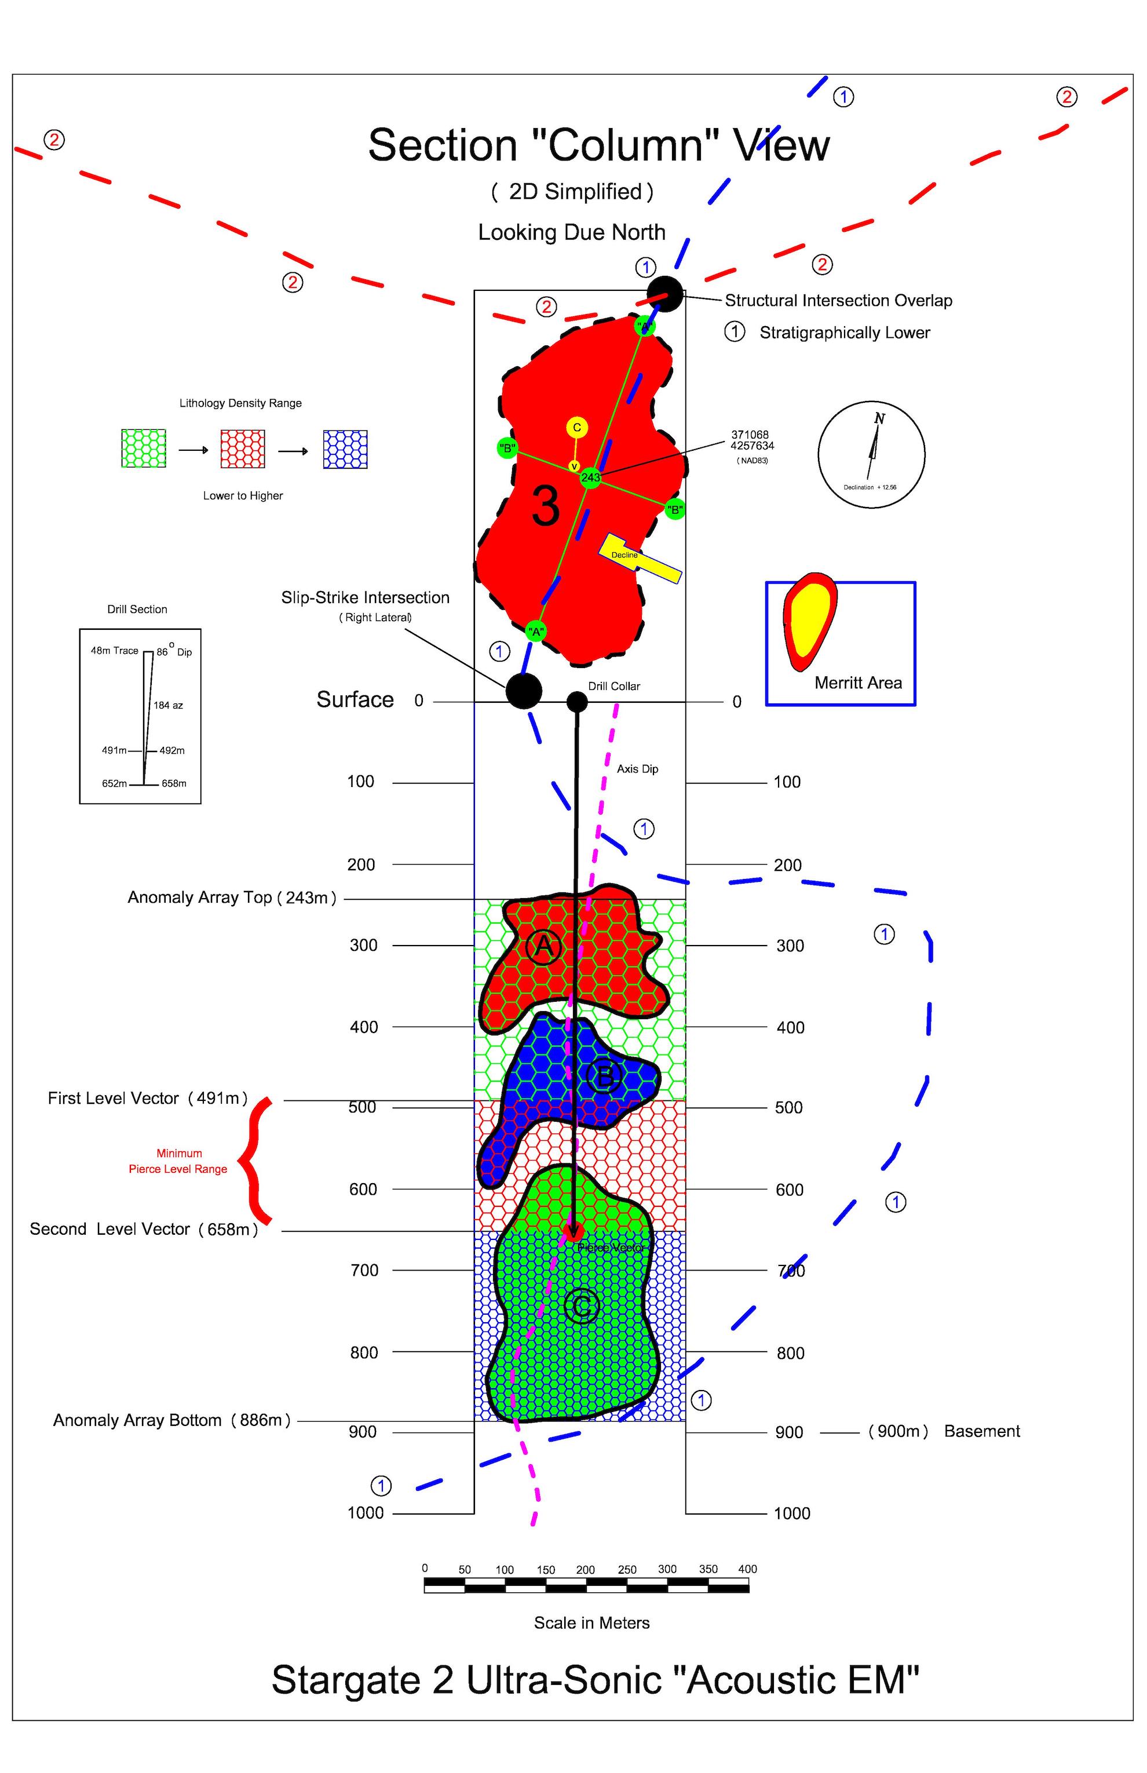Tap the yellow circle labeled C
(576, 427)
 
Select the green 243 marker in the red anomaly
(591, 477)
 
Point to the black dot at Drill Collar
(577, 701)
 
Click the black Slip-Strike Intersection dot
(524, 691)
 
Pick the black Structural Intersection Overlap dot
(664, 294)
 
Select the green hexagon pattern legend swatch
(144, 448)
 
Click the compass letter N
(879, 419)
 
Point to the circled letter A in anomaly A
(544, 947)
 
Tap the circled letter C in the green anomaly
(582, 1306)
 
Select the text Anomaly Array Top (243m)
(232, 898)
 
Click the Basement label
(982, 1431)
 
